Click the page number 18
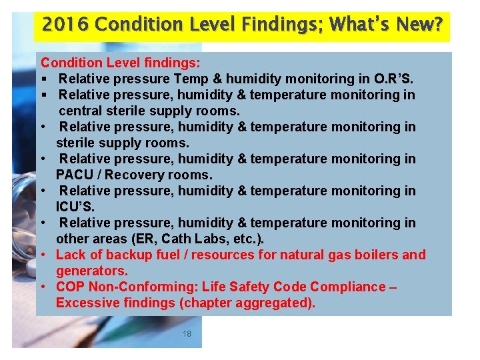[187, 333]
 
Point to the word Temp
[192, 79]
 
